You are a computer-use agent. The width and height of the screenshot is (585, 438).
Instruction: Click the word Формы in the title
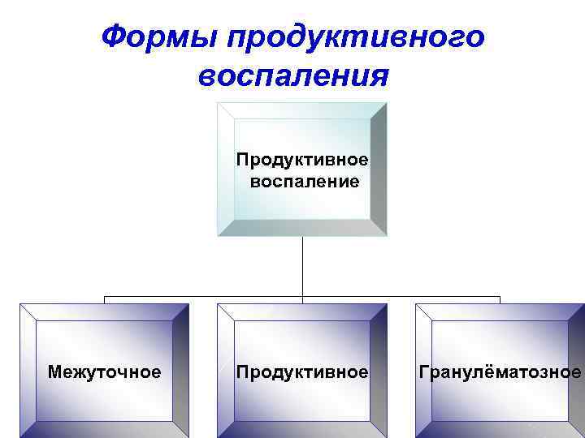[x=161, y=36]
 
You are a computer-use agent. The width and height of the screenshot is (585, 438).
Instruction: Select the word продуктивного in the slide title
[x=357, y=36]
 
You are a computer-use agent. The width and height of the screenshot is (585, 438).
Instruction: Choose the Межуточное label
[x=104, y=372]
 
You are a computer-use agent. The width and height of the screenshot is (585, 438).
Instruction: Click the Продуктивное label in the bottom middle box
[x=302, y=372]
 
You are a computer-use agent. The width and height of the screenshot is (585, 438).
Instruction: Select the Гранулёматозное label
[x=500, y=372]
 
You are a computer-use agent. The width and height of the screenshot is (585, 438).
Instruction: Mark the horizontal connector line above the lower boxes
[x=203, y=297]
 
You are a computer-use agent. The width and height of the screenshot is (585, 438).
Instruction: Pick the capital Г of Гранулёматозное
[x=423, y=372]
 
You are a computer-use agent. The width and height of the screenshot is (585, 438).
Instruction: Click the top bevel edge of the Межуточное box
[x=104, y=311]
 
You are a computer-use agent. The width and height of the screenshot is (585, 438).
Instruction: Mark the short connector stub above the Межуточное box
[x=104, y=300]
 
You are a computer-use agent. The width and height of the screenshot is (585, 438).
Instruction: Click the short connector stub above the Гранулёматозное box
[x=500, y=300]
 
